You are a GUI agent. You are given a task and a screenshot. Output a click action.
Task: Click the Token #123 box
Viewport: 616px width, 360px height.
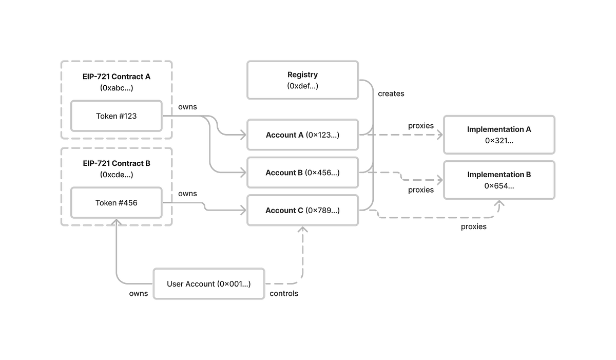(x=116, y=116)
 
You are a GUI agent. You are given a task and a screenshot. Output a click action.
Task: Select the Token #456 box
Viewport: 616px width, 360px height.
(x=116, y=202)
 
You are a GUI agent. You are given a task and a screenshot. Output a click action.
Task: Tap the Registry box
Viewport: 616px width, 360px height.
(x=302, y=80)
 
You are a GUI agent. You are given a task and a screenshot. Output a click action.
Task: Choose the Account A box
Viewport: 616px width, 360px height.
(x=302, y=135)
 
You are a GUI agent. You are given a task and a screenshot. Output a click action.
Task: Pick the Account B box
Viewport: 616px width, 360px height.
(x=302, y=173)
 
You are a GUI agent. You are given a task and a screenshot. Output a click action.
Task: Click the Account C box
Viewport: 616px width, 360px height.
(x=302, y=211)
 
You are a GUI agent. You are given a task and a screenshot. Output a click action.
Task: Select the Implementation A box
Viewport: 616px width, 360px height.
(x=499, y=135)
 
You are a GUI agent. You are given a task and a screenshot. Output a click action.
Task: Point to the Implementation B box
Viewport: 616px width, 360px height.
(x=499, y=180)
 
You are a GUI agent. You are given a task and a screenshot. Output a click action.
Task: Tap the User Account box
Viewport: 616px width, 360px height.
(x=209, y=284)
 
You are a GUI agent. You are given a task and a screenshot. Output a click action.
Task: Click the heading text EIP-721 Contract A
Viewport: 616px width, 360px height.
(x=116, y=77)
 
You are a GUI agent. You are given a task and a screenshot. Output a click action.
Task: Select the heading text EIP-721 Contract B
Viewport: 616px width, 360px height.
(x=116, y=163)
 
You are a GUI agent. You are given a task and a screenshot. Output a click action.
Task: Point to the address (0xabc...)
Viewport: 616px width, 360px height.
(x=116, y=88)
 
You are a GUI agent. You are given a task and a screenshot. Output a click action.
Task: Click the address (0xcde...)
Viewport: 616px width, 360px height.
(x=116, y=175)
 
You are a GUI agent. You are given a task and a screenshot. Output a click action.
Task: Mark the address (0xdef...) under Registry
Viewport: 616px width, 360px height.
(x=302, y=86)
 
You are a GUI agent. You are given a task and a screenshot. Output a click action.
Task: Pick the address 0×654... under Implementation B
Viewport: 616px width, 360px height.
(x=499, y=186)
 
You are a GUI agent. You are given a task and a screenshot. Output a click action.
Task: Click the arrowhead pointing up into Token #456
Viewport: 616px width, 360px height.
(x=116, y=223)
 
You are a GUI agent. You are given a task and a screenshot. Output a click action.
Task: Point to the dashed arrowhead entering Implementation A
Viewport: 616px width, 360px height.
(x=438, y=135)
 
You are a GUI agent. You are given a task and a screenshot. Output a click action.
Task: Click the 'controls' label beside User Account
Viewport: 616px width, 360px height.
(x=283, y=294)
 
